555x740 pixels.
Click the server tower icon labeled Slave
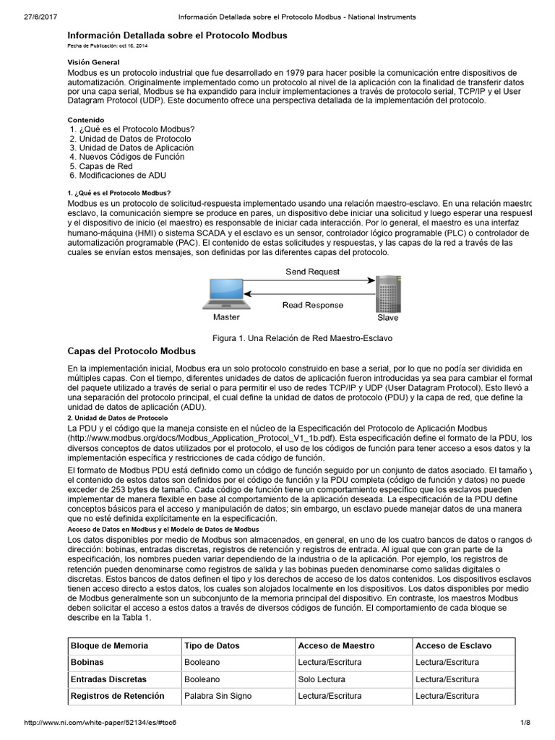pyautogui.click(x=387, y=292)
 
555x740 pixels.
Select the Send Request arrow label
pyautogui.click(x=312, y=272)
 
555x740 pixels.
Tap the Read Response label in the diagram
pyautogui.click(x=312, y=305)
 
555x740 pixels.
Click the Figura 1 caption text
pyautogui.click(x=301, y=338)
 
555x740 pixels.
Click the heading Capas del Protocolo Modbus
pyautogui.click(x=132, y=351)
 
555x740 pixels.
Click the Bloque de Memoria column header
pyautogui.click(x=109, y=645)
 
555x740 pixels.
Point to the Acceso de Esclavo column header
pyautogui.click(x=453, y=645)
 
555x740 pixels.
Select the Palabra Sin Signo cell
pyautogui.click(x=219, y=696)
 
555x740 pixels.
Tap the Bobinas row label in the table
pyautogui.click(x=87, y=662)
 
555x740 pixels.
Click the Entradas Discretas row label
pyautogui.click(x=108, y=679)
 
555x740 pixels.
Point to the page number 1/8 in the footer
pyautogui.click(x=525, y=723)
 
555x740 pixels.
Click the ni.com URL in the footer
pyautogui.click(x=100, y=723)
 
